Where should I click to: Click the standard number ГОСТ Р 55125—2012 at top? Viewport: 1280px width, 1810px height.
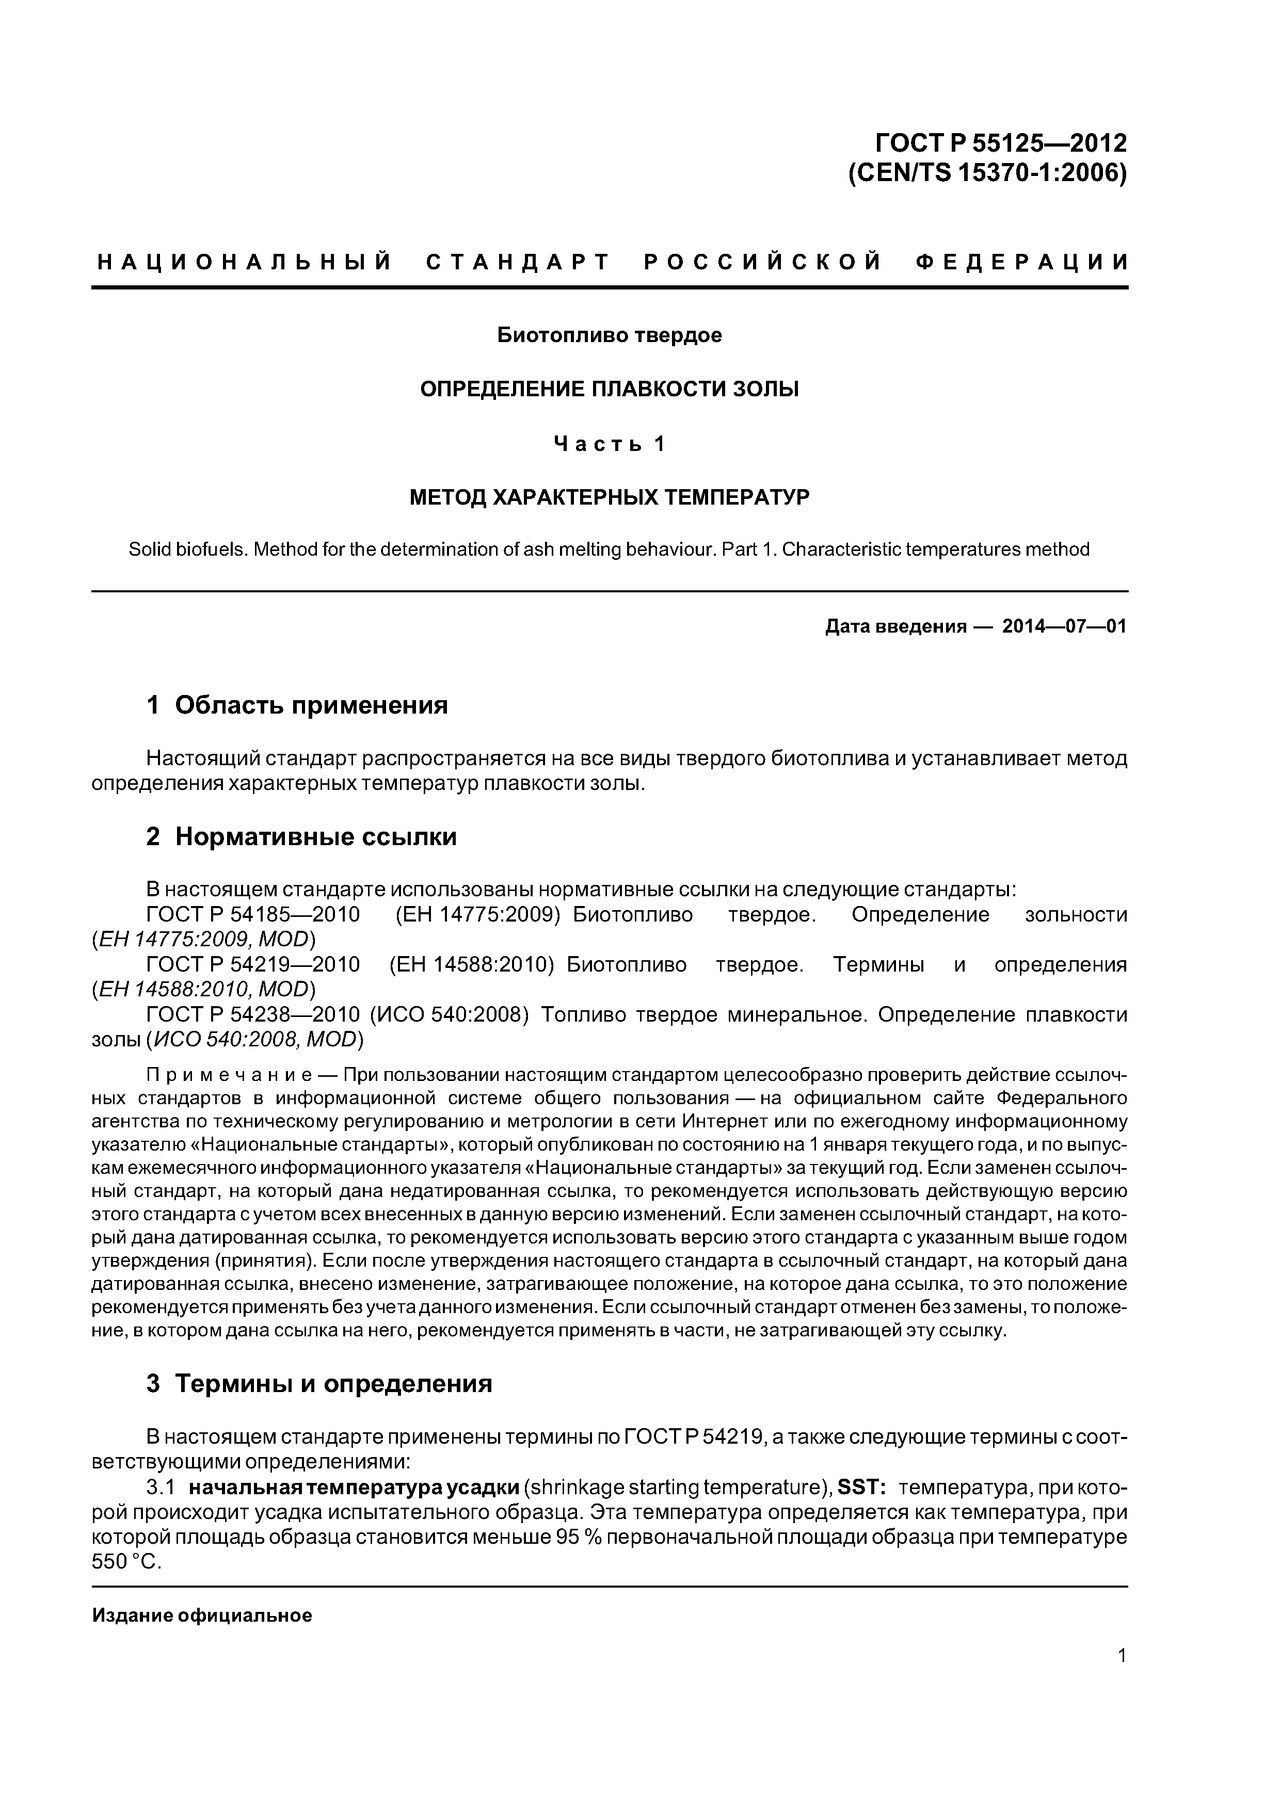pos(1001,143)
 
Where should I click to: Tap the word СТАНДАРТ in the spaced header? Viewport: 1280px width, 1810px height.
pos(518,262)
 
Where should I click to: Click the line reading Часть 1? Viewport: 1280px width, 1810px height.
pos(609,445)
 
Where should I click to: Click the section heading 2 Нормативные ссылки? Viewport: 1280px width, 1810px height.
pos(301,836)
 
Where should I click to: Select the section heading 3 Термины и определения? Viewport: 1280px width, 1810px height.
pos(319,1383)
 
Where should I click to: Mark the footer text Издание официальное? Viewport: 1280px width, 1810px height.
pos(202,1615)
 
